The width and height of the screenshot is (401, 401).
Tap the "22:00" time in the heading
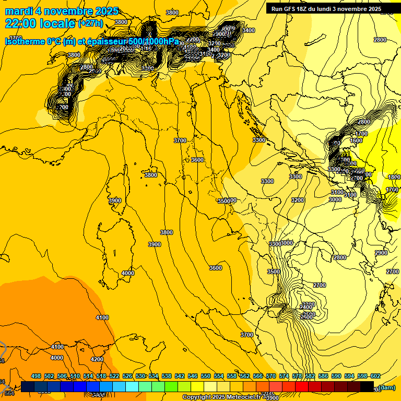click(x=20, y=23)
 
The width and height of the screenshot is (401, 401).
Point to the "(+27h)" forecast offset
click(x=90, y=23)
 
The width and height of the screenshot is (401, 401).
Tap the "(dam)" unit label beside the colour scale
click(x=386, y=387)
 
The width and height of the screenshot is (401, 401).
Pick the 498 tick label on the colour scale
click(x=36, y=376)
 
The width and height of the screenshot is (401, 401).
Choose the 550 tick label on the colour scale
click(x=206, y=376)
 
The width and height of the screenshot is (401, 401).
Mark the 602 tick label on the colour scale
click(x=375, y=376)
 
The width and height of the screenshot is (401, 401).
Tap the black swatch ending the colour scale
click(x=367, y=386)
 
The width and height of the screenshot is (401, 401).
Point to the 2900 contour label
click(x=381, y=253)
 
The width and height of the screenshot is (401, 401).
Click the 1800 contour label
click(x=394, y=177)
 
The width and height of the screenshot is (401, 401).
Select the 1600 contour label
click(x=356, y=140)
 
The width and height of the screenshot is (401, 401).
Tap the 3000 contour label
click(x=335, y=199)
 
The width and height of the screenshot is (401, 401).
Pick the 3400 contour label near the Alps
click(x=249, y=30)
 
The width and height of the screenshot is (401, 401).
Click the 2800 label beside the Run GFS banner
click(x=380, y=40)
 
